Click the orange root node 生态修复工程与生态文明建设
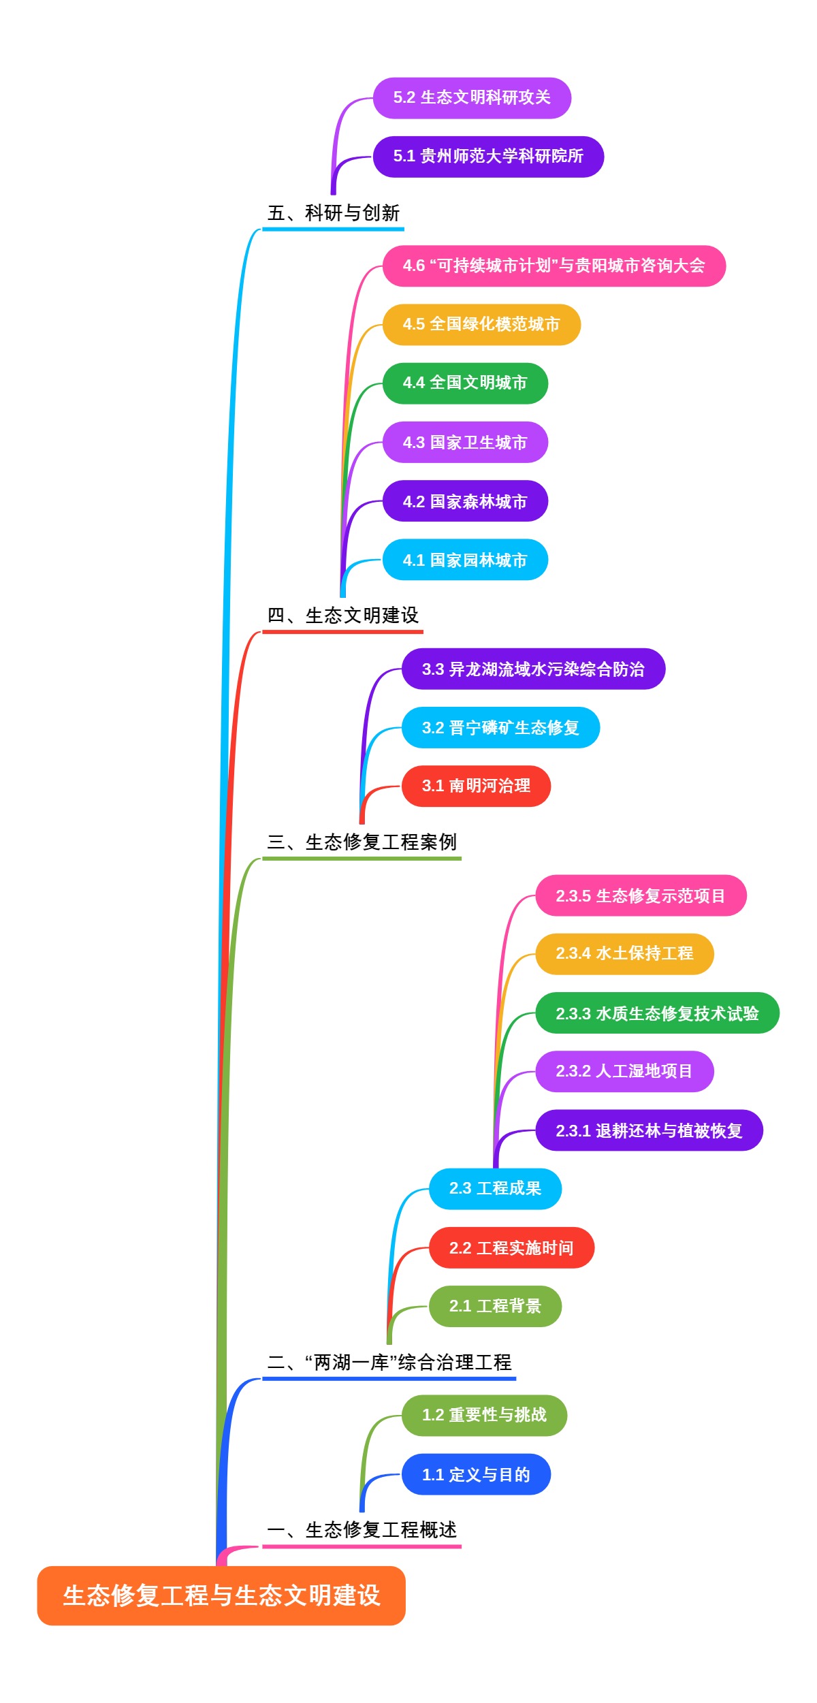click(221, 1595)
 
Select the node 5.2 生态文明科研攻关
click(472, 98)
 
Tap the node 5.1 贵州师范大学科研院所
click(488, 157)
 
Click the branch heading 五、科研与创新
click(333, 213)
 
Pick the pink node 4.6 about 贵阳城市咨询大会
click(554, 266)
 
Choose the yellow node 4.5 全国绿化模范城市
click(481, 324)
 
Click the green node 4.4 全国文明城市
click(465, 383)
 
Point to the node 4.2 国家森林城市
click(465, 501)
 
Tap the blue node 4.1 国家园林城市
click(465, 560)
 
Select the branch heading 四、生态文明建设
click(342, 616)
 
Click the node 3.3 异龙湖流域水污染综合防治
click(533, 669)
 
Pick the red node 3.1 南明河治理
click(476, 786)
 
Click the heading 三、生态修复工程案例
click(362, 842)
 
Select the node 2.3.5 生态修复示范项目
click(641, 895)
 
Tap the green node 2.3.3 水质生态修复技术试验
click(657, 1013)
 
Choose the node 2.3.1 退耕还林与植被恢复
click(649, 1130)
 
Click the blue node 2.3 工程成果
click(495, 1189)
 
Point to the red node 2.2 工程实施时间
click(511, 1247)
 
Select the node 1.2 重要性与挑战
click(484, 1415)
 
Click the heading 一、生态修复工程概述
click(362, 1530)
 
